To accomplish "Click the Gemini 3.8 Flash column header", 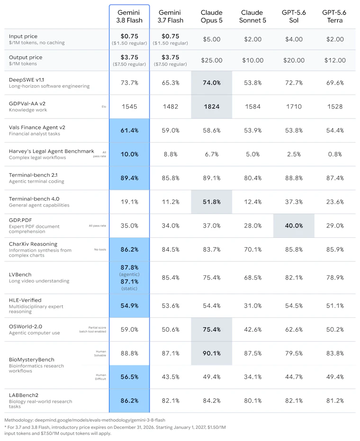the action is [129, 16].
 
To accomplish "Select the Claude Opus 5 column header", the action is [211, 16].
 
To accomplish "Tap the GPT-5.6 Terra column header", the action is [334, 16].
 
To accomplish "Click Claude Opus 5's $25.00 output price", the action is [211, 60].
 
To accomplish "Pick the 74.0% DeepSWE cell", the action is [211, 83].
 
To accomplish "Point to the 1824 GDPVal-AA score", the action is [211, 107].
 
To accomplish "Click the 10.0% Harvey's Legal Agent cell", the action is [129, 154].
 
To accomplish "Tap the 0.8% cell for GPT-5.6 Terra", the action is [335, 154].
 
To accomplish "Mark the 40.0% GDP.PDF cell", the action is [294, 225].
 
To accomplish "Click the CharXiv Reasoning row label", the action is [33, 244].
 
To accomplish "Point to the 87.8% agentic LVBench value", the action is [129, 268].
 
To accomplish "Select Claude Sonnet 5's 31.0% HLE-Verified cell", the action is [252, 306].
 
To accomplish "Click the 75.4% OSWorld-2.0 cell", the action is [211, 329].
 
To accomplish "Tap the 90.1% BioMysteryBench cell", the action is [211, 353].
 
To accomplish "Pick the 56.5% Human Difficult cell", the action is [129, 377].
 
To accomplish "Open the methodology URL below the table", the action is [100, 420].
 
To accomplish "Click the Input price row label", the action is [23, 36].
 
